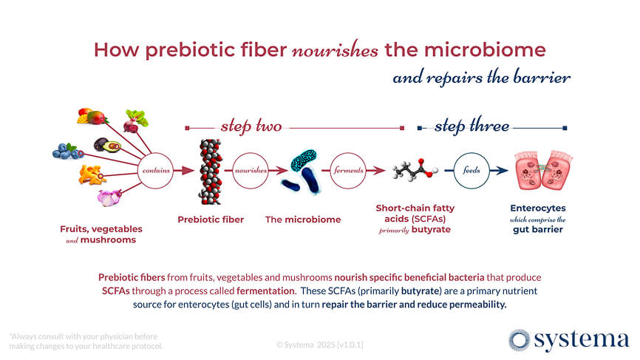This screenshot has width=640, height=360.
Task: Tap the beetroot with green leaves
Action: point(135,119)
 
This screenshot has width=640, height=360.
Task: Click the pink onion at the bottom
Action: point(109,197)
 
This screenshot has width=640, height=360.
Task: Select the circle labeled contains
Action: point(156,170)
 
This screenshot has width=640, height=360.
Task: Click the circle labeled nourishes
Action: point(251,170)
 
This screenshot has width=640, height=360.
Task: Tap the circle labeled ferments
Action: point(347,170)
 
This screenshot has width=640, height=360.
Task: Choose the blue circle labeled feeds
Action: point(471,170)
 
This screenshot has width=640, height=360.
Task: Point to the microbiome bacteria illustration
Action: point(303,171)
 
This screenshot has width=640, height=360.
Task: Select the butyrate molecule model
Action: point(413,169)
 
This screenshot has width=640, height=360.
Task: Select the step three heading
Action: point(472,127)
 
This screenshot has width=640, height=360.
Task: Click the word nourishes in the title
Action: point(336,50)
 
